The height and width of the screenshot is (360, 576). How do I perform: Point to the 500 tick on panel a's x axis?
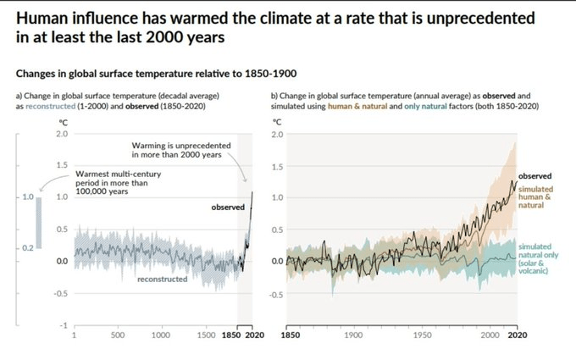(119, 335)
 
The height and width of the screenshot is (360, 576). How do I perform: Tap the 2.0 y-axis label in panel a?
(63, 134)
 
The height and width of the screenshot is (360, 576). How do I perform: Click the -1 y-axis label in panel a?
(64, 324)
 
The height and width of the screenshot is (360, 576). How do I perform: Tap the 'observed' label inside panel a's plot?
(227, 207)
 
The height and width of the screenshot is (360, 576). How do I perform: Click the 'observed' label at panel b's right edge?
(534, 174)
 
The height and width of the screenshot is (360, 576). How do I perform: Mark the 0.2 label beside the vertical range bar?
(27, 246)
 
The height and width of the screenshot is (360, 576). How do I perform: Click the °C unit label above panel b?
(275, 120)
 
